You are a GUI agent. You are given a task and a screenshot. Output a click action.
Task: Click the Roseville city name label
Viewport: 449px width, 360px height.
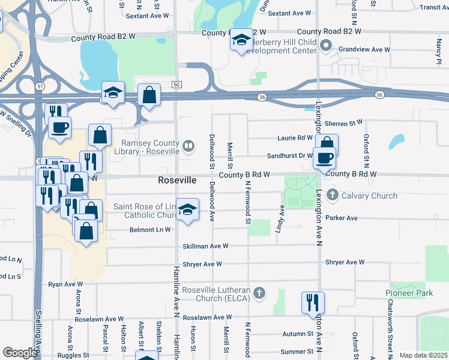click(x=177, y=180)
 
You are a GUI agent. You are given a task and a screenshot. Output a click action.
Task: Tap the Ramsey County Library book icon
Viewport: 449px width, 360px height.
click(x=188, y=145)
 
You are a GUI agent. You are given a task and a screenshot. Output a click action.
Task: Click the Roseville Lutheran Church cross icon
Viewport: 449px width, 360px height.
click(x=259, y=293)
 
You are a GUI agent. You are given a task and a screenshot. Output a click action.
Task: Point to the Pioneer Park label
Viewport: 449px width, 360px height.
click(x=409, y=293)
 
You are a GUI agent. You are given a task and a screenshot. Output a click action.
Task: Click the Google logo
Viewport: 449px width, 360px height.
click(x=20, y=353)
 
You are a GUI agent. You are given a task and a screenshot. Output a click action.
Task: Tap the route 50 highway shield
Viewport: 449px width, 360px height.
click(x=176, y=85)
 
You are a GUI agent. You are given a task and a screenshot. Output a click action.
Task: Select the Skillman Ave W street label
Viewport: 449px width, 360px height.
click(x=205, y=246)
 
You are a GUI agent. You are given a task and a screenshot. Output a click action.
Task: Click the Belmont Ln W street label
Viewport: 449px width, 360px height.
click(x=150, y=230)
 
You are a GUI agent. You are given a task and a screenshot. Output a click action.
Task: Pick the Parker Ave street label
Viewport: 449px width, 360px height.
click(x=342, y=218)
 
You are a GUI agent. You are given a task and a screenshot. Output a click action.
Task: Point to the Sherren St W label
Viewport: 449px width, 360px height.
click(x=343, y=123)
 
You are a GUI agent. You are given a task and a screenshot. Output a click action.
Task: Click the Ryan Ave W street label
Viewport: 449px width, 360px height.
click(x=69, y=284)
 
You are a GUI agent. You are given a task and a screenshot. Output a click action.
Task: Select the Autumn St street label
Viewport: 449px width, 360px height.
click(x=298, y=334)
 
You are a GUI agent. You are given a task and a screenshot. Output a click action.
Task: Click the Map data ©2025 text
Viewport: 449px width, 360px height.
click(x=423, y=355)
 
